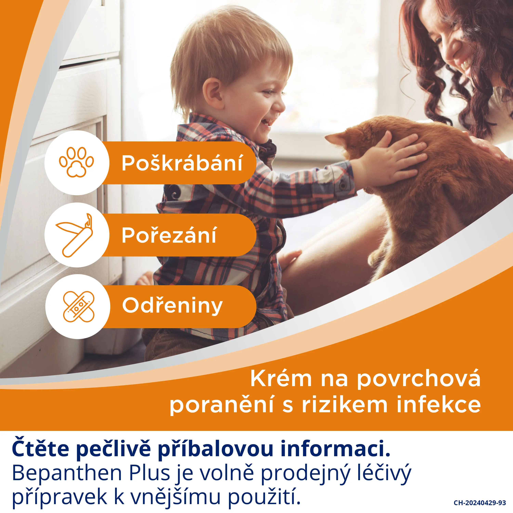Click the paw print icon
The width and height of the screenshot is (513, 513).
pyautogui.click(x=76, y=162)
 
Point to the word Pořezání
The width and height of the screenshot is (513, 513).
pyautogui.click(x=169, y=235)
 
